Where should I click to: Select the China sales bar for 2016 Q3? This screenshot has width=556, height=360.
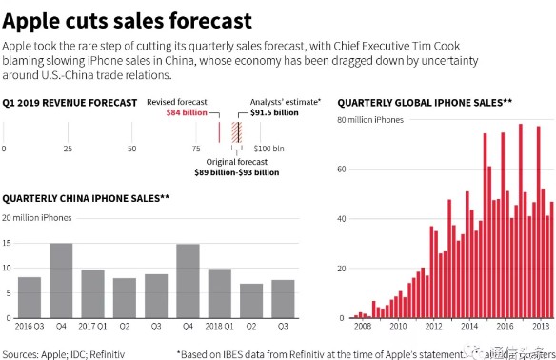[30, 298]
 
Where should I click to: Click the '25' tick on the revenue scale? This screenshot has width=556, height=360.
[68, 150]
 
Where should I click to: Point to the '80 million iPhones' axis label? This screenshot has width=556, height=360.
[369, 120]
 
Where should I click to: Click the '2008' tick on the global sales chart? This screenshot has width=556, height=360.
[360, 327]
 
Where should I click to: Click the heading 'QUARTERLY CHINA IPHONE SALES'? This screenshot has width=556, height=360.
[85, 198]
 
